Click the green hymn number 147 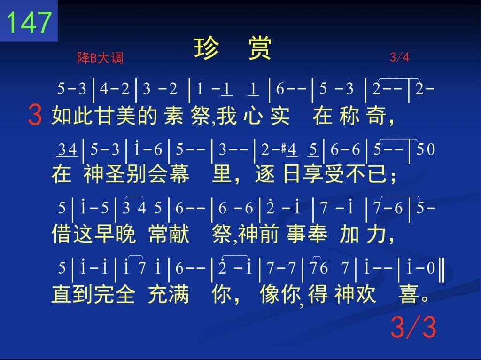29,22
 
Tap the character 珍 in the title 207,48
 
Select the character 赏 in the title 259,48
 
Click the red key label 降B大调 100,58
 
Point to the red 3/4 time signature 399,57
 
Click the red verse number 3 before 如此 35,115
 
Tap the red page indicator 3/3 413,327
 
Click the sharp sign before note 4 284,149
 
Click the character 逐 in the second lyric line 264,174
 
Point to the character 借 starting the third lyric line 62,233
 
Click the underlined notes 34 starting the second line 68,150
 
